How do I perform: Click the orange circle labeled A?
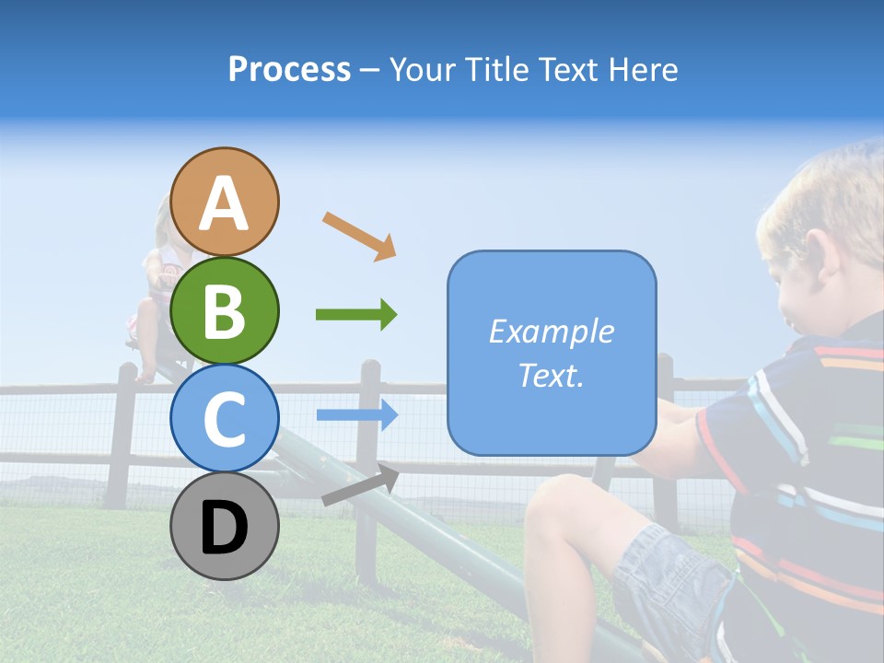click(224, 202)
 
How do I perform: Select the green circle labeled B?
click(224, 310)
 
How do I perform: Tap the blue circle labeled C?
click(224, 418)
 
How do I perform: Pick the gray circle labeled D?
click(224, 526)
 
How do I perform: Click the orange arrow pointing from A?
click(359, 236)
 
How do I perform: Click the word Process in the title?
click(289, 70)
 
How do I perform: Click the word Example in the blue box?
click(551, 331)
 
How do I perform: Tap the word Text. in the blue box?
click(551, 375)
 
